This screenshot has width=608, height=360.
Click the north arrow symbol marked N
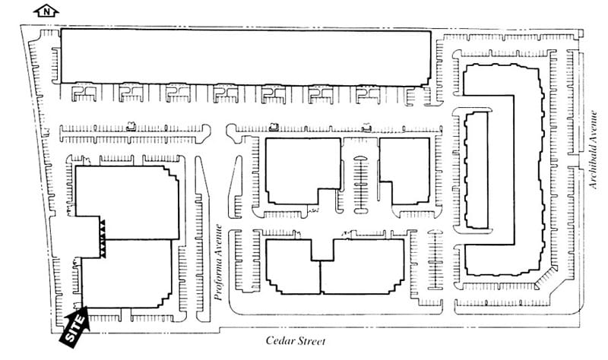48,11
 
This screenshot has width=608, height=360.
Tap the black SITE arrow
75,327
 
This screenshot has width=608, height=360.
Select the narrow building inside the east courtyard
476,169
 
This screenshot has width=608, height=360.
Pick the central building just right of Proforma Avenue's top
302,171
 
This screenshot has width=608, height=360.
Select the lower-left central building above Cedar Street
293,268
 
